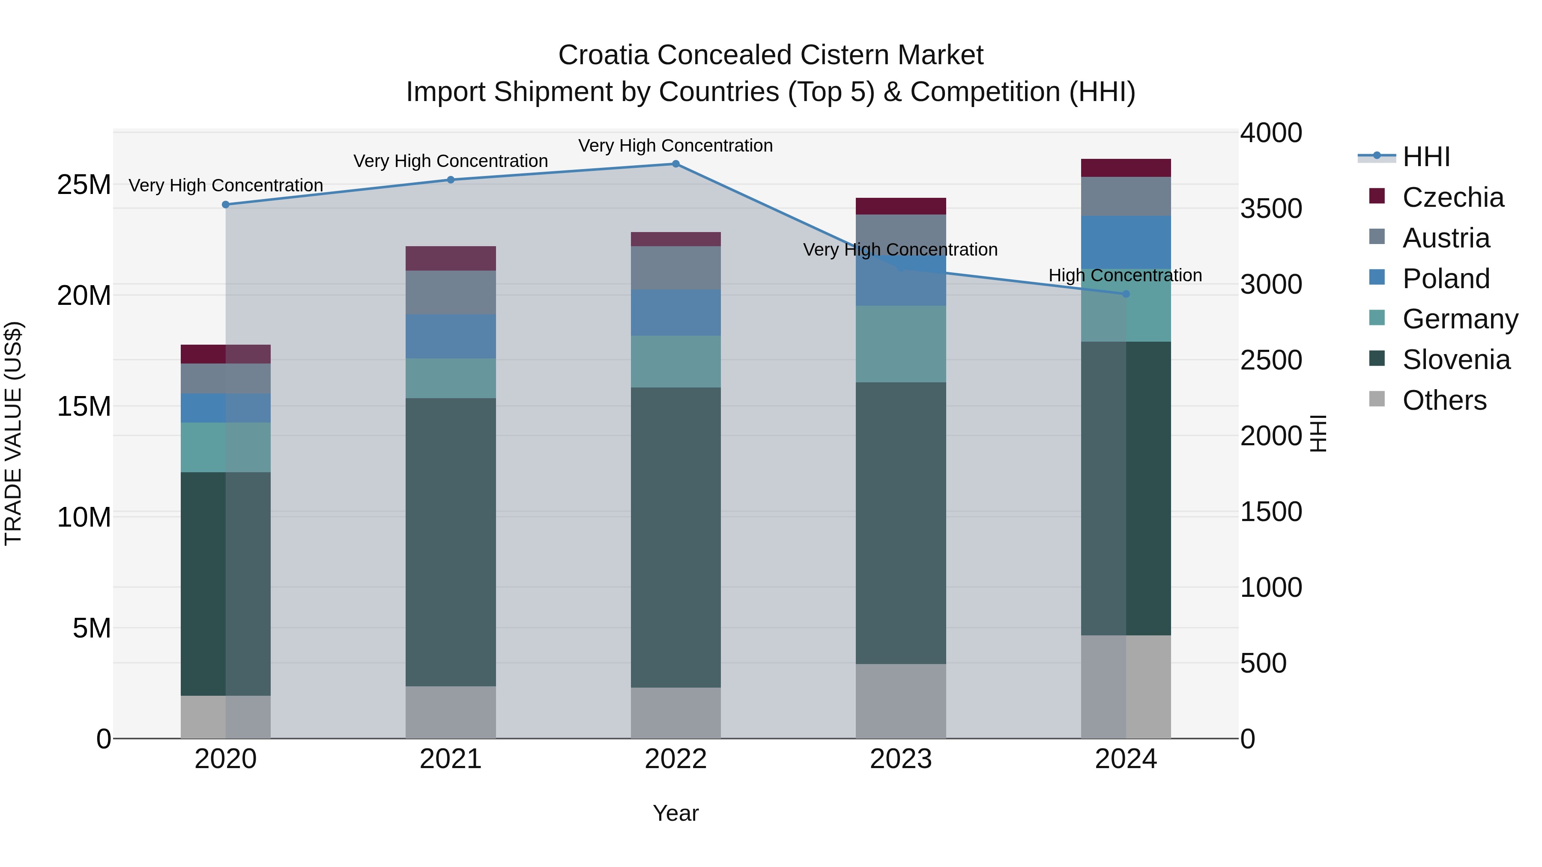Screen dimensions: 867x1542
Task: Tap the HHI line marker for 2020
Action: click(x=226, y=205)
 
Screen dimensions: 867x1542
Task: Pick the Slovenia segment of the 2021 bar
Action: click(x=450, y=542)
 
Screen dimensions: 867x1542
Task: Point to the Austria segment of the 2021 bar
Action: click(x=450, y=292)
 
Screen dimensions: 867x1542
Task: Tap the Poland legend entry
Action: click(x=1445, y=279)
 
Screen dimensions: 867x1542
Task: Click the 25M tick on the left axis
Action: click(x=84, y=185)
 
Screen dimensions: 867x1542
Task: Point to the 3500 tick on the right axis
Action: click(x=1270, y=209)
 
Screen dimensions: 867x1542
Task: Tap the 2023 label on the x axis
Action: click(x=900, y=759)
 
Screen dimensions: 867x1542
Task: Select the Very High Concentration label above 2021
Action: click(x=450, y=161)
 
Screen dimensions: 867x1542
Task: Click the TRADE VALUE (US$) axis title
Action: click(x=13, y=433)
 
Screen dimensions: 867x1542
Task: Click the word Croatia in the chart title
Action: click(x=604, y=55)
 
